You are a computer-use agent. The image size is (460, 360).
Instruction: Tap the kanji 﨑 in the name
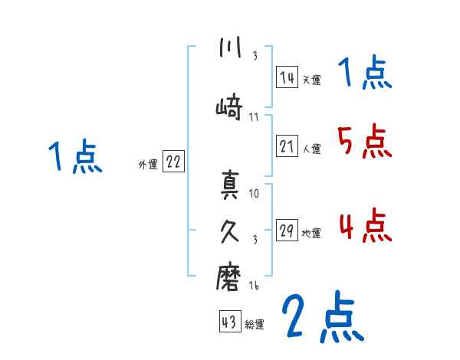(x=229, y=107)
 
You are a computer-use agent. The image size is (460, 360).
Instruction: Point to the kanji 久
(x=229, y=231)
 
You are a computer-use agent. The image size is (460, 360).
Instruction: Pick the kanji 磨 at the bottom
(x=229, y=279)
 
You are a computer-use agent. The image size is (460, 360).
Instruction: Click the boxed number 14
(x=287, y=77)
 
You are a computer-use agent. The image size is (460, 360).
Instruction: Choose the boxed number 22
(x=173, y=162)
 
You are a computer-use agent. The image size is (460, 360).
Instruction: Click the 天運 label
(x=311, y=79)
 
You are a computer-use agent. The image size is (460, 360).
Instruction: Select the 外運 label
(x=147, y=164)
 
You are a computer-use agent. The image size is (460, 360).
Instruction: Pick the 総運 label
(x=255, y=324)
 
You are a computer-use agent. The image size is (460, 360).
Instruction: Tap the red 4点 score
(x=364, y=226)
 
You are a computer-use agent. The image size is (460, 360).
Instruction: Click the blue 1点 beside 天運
(x=364, y=74)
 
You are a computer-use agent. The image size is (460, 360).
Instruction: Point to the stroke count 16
(x=255, y=286)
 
